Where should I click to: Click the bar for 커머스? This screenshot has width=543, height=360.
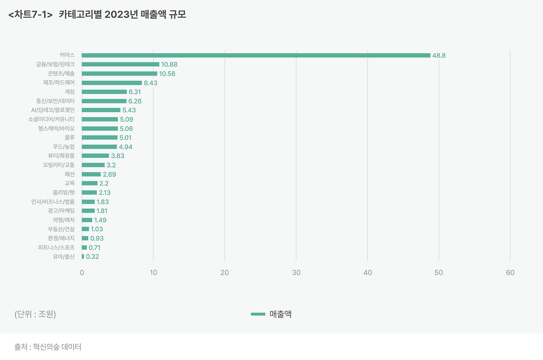click(256, 55)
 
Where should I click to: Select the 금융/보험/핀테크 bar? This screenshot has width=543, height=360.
click(120, 65)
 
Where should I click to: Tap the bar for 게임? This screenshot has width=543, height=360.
click(104, 92)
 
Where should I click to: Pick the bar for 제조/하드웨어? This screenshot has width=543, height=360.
click(112, 83)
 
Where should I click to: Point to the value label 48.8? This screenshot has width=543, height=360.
click(439, 56)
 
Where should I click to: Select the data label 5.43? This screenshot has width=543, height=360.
click(129, 110)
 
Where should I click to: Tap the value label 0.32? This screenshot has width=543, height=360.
click(92, 257)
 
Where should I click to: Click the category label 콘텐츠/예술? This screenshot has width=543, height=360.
click(61, 73)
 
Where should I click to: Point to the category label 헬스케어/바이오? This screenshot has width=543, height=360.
click(56, 128)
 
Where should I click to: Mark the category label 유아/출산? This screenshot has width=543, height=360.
click(64, 256)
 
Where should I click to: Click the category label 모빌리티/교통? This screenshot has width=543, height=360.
click(59, 165)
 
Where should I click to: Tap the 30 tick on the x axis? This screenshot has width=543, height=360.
click(296, 273)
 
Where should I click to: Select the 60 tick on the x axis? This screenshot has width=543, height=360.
click(510, 273)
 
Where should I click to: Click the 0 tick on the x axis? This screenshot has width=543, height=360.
click(82, 273)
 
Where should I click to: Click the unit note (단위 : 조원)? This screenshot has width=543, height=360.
click(35, 315)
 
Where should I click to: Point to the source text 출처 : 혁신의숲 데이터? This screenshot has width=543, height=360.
click(48, 347)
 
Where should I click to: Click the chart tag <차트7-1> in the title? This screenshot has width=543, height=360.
click(30, 15)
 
